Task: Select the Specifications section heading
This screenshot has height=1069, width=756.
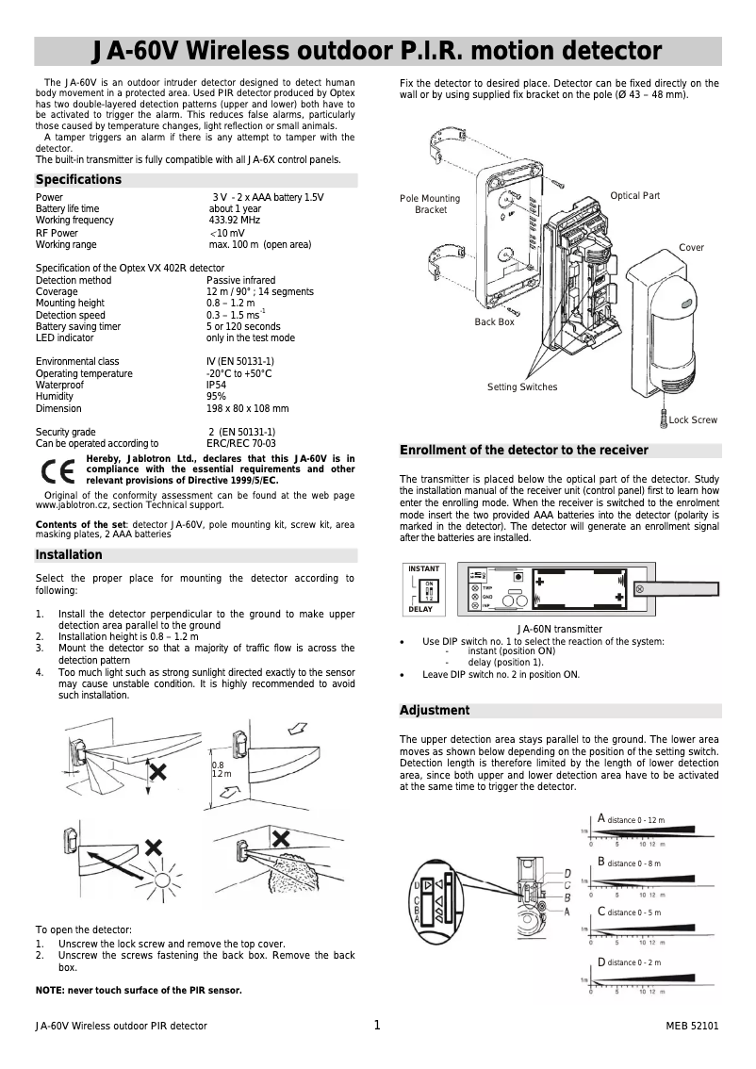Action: (78, 180)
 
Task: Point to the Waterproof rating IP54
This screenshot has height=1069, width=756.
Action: (217, 386)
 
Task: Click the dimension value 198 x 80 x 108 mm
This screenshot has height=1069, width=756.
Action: (247, 409)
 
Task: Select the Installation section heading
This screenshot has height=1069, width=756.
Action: (69, 555)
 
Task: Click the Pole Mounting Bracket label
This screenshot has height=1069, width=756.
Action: (430, 205)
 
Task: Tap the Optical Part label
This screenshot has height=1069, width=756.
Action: (634, 196)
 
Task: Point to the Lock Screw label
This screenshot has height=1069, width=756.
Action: (693, 419)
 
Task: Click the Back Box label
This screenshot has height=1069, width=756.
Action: (494, 322)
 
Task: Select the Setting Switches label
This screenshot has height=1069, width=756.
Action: (522, 387)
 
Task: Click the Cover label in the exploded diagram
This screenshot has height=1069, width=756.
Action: (691, 248)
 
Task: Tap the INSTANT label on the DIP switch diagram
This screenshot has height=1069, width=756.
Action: (424, 569)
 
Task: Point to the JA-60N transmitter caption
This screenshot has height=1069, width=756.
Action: (560, 629)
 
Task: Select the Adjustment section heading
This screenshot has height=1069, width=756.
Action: (435, 710)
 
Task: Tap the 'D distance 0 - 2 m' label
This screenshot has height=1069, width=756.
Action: (629, 962)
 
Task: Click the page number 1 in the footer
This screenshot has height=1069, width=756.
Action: (377, 1026)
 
